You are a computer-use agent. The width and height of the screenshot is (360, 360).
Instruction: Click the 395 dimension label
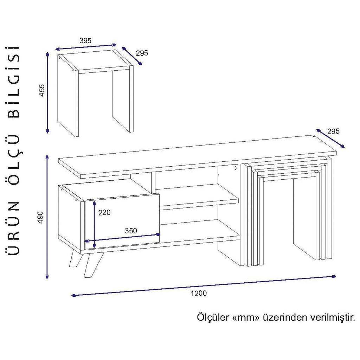[85, 41]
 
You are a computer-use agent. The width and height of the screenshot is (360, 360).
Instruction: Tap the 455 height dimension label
[41, 90]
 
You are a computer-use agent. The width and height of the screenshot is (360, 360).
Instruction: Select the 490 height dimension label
[40, 217]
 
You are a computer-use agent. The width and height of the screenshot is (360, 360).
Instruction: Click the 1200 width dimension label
[199, 293]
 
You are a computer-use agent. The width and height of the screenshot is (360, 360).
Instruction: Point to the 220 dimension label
[104, 213]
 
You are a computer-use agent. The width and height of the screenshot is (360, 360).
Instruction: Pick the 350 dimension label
[131, 231]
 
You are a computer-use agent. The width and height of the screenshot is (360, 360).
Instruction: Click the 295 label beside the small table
[142, 53]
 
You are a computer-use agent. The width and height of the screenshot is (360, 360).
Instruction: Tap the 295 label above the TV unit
[333, 131]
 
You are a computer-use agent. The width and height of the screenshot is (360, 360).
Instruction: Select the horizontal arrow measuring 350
[122, 238]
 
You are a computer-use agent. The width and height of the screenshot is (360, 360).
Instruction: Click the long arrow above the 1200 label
[204, 286]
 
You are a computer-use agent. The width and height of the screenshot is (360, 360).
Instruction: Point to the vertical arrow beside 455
[47, 92]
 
